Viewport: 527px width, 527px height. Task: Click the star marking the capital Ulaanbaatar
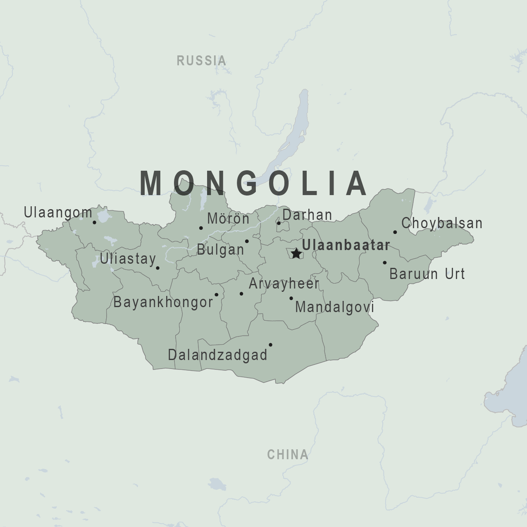pos(296,253)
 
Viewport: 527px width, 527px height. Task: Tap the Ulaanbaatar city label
pos(346,245)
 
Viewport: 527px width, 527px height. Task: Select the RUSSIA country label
pos(201,61)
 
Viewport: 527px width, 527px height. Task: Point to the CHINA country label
pos(288,455)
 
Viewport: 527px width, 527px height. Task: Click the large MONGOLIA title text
pos(253,183)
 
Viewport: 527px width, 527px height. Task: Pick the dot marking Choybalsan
pos(395,232)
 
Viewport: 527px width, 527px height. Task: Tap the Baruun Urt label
pos(427,274)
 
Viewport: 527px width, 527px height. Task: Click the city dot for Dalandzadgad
pos(270,345)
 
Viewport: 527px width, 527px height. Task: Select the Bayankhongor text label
pos(163,302)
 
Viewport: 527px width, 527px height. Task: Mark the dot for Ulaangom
pos(94,222)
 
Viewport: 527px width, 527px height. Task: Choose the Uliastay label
pos(128,259)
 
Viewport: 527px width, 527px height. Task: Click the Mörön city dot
pos(201,228)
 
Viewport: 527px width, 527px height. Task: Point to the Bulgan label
pos(220,250)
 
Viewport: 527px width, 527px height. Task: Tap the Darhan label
pos(307,215)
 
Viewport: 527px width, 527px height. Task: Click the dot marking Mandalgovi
pos(291,298)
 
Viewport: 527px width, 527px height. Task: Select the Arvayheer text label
pos(284,284)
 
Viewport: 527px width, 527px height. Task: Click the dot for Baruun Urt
pos(384,262)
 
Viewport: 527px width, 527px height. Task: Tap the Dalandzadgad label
pos(217,355)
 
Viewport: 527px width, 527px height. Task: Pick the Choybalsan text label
pos(442,223)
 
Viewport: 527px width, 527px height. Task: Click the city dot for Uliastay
pos(157,268)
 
